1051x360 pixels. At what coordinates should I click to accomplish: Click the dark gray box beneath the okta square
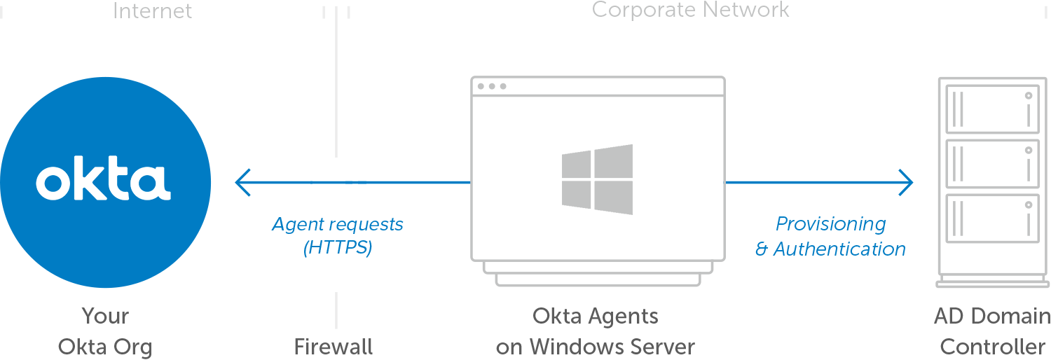[104, 333]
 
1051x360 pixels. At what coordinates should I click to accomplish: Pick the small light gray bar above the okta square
[153, 10]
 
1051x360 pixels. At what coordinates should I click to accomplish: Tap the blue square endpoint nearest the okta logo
[242, 182]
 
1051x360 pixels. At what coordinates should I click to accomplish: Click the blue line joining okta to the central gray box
[413, 182]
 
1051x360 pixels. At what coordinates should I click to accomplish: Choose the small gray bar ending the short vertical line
[334, 346]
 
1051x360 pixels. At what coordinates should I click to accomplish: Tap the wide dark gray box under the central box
[595, 331]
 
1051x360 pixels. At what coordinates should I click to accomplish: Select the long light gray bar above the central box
[691, 11]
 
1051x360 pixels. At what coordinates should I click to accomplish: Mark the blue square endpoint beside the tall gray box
[906, 182]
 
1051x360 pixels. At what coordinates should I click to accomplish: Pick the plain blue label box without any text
[830, 236]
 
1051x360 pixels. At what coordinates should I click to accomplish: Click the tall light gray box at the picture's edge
[992, 179]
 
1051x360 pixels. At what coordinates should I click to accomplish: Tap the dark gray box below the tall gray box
[991, 331]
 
